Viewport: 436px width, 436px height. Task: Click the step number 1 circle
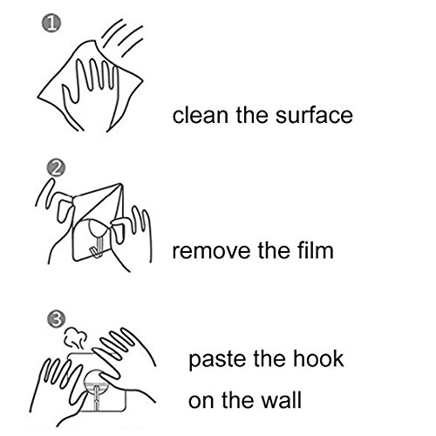(51, 24)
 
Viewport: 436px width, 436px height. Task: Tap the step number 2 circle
(56, 167)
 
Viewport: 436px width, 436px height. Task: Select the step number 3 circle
(57, 319)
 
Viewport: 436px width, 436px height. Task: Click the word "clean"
(201, 115)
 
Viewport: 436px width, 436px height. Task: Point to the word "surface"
(314, 115)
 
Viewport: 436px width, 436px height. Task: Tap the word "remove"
(211, 251)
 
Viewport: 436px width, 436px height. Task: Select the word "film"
(316, 250)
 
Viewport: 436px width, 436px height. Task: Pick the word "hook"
(318, 358)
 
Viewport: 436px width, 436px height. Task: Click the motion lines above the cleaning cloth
(122, 37)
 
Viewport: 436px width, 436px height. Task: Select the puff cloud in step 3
(76, 337)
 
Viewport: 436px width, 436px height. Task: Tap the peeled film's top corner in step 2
(120, 184)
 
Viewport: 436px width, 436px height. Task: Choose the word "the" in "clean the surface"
(252, 115)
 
